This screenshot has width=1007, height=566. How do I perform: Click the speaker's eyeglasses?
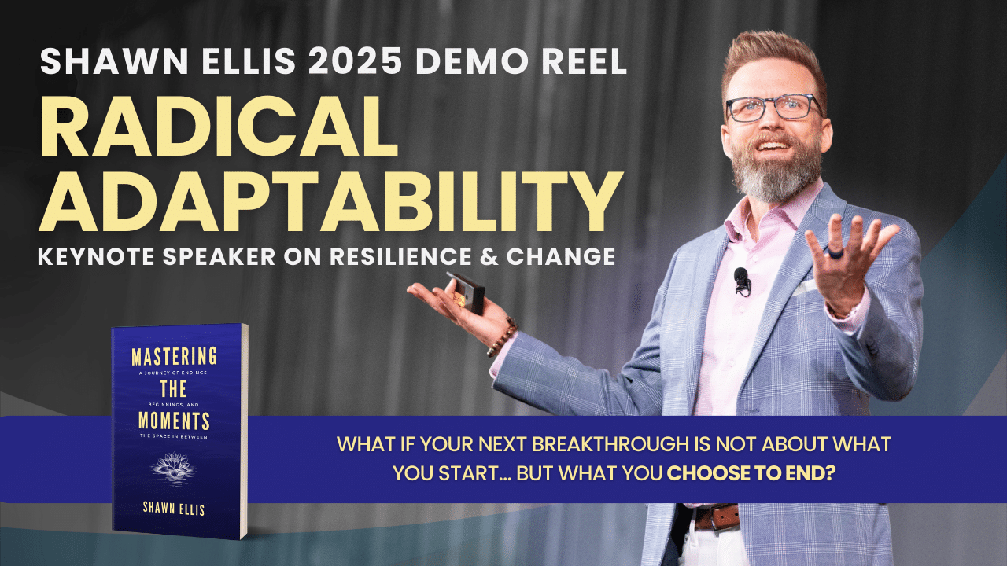coord(772,107)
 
